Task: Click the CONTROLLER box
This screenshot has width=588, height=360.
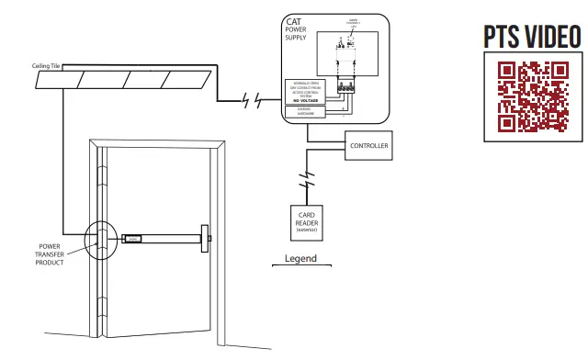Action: pos(369,145)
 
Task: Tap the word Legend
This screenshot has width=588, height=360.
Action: pos(300,258)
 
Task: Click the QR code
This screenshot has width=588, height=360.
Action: pos(533,96)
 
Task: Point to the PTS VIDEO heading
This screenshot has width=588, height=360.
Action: pos(532,38)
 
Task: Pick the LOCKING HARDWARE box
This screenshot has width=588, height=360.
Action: pos(310,110)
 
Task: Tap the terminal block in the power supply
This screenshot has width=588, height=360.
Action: pos(347,88)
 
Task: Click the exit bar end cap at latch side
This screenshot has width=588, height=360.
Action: pos(207,240)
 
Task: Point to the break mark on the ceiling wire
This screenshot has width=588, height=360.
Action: pos(250,100)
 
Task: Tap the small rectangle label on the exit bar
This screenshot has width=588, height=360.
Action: pos(134,240)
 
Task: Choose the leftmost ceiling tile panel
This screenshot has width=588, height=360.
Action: pos(59,80)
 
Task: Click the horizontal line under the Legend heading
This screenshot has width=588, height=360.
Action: pos(300,266)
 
